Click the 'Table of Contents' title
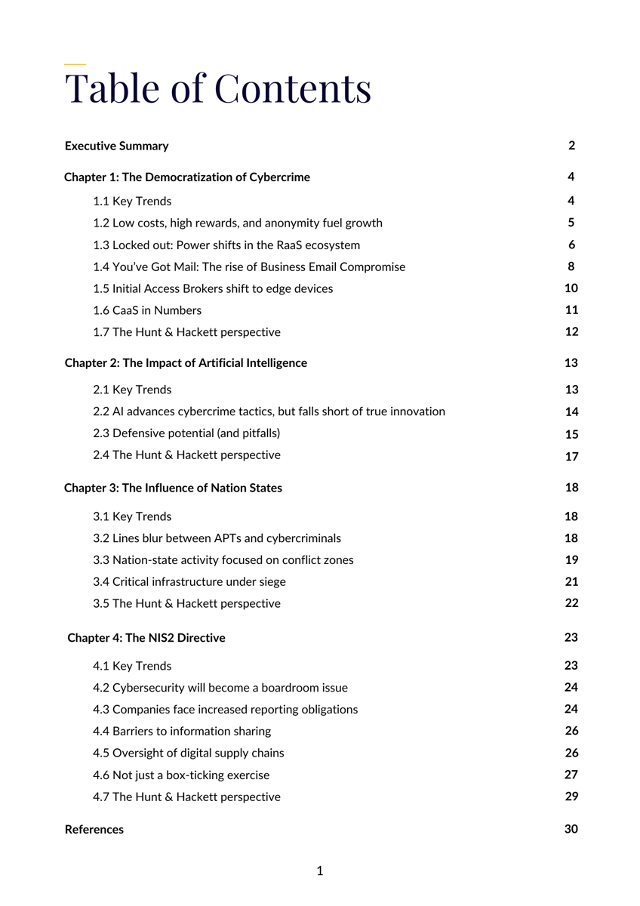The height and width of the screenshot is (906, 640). pos(217,88)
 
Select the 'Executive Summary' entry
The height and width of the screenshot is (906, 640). pos(117,146)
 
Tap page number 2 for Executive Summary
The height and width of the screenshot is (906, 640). pos(571,146)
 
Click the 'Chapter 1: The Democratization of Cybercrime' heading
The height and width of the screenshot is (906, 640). pos(187,177)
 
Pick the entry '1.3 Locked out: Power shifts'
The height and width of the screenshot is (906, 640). pos(226,245)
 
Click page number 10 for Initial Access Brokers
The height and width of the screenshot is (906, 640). pos(571,288)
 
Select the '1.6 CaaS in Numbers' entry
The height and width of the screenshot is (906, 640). pos(147,310)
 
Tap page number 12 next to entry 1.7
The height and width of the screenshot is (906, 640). pos(571,331)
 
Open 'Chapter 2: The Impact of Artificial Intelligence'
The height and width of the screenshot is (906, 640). pos(186,363)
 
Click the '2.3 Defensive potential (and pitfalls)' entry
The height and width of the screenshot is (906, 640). pos(186,433)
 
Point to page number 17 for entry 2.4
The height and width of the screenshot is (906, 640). pos(571,456)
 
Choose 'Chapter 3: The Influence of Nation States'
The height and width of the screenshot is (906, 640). pos(173,488)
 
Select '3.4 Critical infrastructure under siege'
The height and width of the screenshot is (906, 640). pos(189,582)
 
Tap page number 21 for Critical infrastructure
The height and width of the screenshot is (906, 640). pos(571,581)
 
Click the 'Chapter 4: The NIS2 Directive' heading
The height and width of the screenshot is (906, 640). pos(146,638)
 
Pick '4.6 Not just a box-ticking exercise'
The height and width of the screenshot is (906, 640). pos(181,775)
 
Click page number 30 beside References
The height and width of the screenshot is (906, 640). pos(571,829)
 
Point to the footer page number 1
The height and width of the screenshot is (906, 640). pos(320,871)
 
